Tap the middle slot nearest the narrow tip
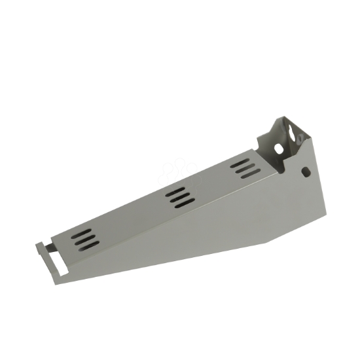pyautogui.click(x=86, y=240)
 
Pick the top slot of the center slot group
pyautogui.click(x=175, y=191)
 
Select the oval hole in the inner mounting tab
pyautogui.click(x=279, y=149)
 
